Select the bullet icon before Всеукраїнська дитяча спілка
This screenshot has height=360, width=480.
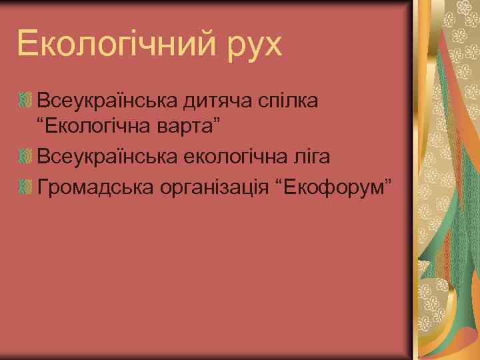click(x=26, y=101)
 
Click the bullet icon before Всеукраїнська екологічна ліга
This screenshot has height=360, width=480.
click(x=26, y=157)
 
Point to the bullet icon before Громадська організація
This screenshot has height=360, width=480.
click(x=26, y=187)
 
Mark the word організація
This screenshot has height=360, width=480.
click(x=217, y=187)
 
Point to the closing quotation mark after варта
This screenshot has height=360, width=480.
click(x=226, y=123)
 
